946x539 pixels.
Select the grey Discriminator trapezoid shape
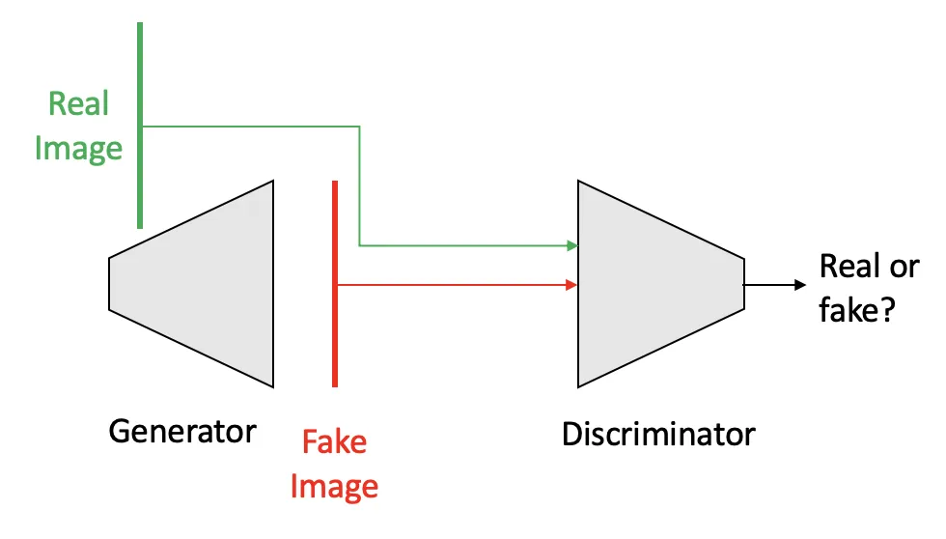coord(656,284)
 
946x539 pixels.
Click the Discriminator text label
coord(658,434)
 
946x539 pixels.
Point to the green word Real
coord(78,104)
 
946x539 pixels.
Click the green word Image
coord(78,148)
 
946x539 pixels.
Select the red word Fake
coord(334,442)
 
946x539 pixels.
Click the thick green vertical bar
coord(140,126)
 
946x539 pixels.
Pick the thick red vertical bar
coord(334,284)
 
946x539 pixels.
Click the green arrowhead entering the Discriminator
coord(571,246)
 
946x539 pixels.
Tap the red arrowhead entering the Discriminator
coord(571,285)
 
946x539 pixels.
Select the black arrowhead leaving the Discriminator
coord(798,285)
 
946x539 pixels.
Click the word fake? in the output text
coord(856,311)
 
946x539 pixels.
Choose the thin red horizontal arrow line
coord(454,285)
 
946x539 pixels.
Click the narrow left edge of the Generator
coord(110,284)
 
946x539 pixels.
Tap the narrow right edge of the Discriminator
coord(743,284)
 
